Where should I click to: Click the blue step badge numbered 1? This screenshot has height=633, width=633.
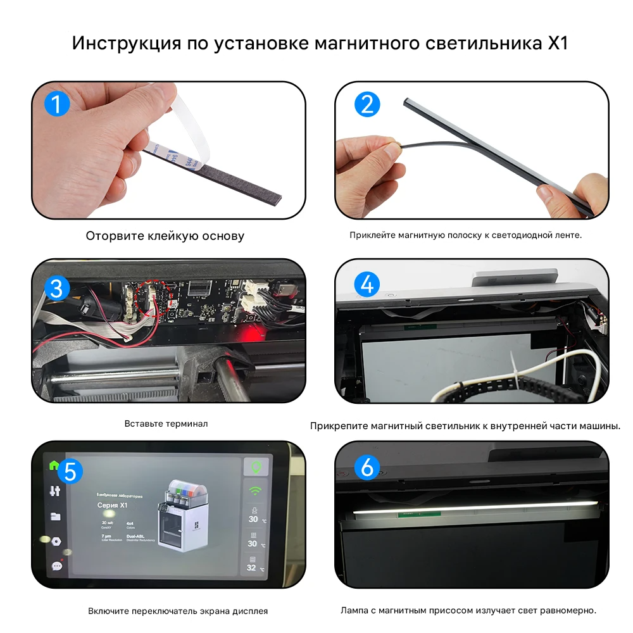[56, 103]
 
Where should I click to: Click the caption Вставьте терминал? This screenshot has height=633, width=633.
[166, 423]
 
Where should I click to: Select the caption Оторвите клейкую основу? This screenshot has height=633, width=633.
[165, 236]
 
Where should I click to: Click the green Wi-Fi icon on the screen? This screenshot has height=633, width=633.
[256, 491]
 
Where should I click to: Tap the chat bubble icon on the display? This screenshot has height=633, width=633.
[56, 565]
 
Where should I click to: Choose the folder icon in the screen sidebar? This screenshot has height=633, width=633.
[56, 516]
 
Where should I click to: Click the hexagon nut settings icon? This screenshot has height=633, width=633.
[56, 542]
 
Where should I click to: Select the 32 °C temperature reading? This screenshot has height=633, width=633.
[253, 567]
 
